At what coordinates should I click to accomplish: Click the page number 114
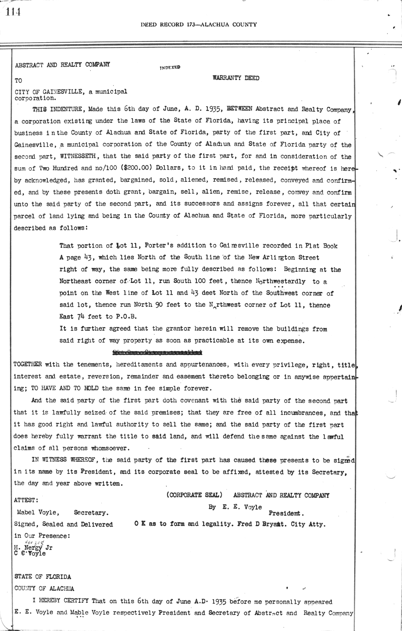click(13, 12)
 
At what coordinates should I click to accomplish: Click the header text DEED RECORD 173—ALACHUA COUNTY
click(199, 24)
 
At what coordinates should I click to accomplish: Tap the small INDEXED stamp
click(170, 67)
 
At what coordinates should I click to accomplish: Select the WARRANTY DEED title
click(236, 78)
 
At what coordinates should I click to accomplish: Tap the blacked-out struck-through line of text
click(157, 352)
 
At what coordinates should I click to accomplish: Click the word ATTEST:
click(26, 500)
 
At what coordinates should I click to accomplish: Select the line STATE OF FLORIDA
click(43, 576)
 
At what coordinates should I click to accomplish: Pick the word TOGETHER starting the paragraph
click(28, 364)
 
